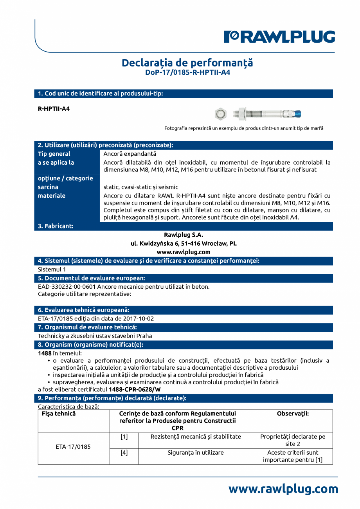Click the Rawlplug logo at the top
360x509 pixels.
(x=279, y=37)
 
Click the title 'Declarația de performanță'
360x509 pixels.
(x=187, y=63)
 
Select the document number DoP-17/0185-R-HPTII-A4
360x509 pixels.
(x=187, y=72)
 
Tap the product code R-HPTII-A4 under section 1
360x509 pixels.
(x=54, y=109)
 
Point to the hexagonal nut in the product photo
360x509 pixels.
(x=221, y=114)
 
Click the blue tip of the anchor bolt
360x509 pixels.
(x=296, y=114)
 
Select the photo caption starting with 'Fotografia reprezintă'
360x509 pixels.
(x=244, y=128)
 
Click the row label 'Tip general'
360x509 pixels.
(x=54, y=154)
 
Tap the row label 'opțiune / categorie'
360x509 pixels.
(x=65, y=178)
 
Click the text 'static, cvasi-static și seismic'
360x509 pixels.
(x=140, y=187)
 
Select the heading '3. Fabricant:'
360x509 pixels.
(x=56, y=226)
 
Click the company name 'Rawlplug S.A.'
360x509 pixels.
(x=184, y=235)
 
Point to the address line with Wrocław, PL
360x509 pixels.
(x=184, y=243)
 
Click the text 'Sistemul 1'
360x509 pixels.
(x=52, y=269)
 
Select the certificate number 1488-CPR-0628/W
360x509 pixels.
(x=135, y=389)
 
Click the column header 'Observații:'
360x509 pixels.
(x=293, y=414)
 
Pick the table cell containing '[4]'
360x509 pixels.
(x=124, y=452)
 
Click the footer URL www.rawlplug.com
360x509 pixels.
(x=283, y=489)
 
